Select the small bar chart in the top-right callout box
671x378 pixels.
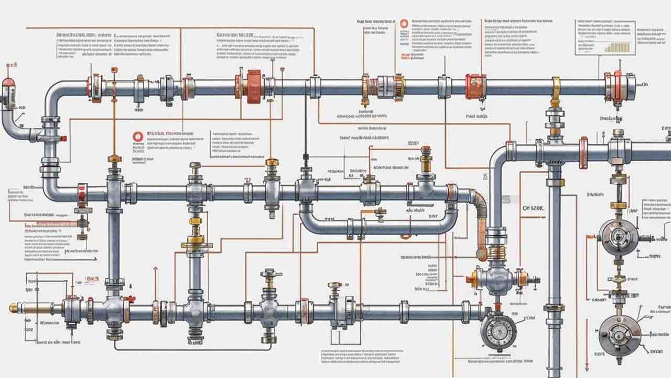click(x=619, y=46)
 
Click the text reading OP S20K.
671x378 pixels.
click(x=534, y=208)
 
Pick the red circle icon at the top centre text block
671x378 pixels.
click(x=404, y=24)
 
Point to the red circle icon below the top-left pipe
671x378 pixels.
click(x=138, y=137)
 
